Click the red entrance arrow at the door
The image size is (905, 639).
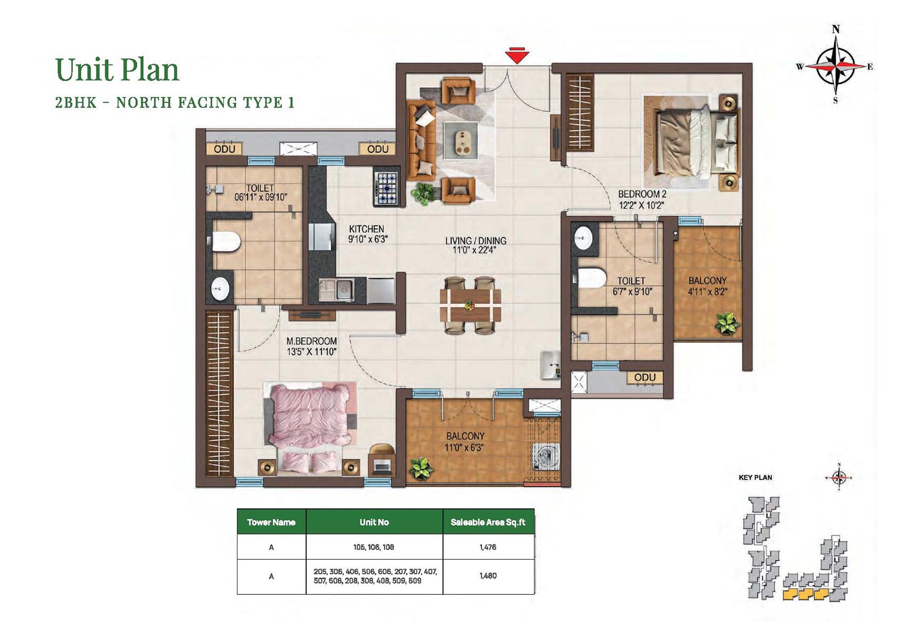[517, 55]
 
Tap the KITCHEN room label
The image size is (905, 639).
[366, 229]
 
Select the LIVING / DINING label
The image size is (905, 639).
[475, 241]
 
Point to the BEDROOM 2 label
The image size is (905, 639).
[642, 194]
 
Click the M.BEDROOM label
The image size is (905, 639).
[311, 341]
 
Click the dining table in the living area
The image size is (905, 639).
[470, 305]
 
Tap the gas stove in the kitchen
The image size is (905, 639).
[386, 188]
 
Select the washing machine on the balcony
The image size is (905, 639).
[546, 457]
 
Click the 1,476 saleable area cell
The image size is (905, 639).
[488, 547]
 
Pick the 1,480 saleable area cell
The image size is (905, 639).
[488, 576]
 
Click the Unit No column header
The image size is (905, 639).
[374, 522]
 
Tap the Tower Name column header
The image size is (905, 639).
[271, 522]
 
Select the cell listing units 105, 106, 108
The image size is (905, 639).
[374, 547]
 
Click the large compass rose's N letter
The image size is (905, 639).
[836, 29]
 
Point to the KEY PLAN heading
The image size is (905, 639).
[755, 477]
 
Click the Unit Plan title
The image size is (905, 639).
[117, 70]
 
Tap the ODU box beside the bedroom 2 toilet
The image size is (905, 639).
[645, 378]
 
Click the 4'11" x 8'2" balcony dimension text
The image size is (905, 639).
[707, 291]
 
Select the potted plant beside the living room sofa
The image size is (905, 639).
[422, 193]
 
